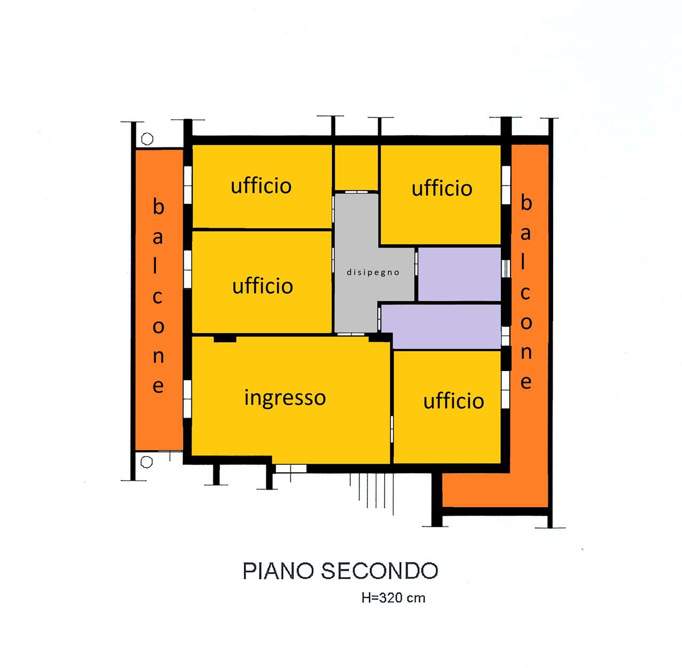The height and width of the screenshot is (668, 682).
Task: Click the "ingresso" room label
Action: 285,398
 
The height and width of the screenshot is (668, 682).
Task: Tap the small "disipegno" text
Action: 373,273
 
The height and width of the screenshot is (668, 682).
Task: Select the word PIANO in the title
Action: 278,571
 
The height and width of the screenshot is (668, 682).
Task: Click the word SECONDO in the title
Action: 380,571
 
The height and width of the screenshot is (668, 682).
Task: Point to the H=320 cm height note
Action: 393,598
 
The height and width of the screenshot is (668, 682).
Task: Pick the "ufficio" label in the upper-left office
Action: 261,186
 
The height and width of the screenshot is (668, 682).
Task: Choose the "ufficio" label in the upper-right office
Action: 442,188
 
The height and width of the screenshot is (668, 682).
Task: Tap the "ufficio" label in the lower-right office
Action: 454,401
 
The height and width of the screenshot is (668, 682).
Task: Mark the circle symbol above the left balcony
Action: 147,139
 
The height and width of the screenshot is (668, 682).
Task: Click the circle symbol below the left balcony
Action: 147,462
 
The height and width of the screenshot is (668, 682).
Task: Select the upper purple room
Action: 459,274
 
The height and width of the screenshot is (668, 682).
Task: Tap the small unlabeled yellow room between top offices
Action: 356,168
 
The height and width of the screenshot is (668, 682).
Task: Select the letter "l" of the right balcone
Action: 523,262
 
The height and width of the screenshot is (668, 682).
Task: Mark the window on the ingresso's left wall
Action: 187,399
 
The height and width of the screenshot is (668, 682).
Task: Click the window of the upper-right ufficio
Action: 506,185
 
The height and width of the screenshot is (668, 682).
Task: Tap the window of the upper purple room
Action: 506,269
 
